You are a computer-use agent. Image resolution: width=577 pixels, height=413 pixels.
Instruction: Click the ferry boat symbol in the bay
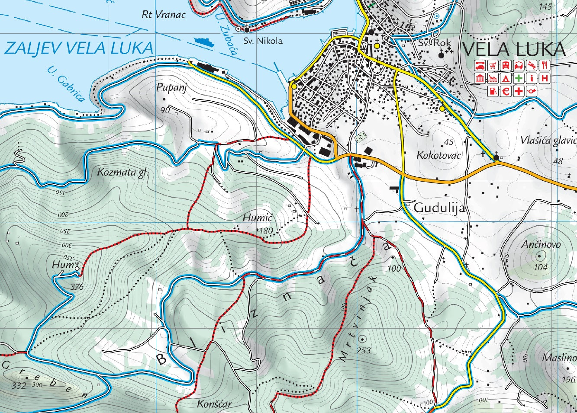pyautogui.click(x=204, y=42)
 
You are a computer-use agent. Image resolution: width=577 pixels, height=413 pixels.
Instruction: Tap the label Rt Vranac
pyautogui.click(x=163, y=15)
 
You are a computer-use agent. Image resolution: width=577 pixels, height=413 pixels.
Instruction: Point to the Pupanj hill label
pyautogui.click(x=172, y=88)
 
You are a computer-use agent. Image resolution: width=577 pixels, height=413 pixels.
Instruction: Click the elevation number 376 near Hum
pyautogui.click(x=76, y=286)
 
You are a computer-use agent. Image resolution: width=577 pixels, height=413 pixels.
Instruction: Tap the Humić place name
pyautogui.click(x=257, y=218)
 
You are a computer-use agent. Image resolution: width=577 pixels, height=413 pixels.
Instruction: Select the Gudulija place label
pyautogui.click(x=439, y=208)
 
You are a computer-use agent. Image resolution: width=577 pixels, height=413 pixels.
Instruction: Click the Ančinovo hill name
pyautogui.click(x=541, y=244)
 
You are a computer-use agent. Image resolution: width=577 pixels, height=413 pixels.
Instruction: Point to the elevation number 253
pyautogui.click(x=364, y=350)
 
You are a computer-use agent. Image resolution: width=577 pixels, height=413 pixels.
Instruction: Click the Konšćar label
pyautogui.click(x=214, y=404)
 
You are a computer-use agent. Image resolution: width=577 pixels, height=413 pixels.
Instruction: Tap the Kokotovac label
pyautogui.click(x=439, y=155)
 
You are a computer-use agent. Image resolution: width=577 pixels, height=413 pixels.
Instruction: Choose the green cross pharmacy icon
pyautogui.click(x=519, y=78)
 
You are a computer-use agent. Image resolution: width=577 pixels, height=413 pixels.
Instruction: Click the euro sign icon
pyautogui.click(x=506, y=91)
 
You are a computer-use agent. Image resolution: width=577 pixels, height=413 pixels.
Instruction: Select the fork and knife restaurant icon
pyautogui.click(x=545, y=65)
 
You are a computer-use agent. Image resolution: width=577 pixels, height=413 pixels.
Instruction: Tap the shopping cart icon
pyautogui.click(x=493, y=65)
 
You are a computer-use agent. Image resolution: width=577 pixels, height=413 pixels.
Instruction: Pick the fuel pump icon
pyautogui.click(x=493, y=91)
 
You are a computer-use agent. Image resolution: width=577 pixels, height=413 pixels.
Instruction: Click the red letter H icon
pyautogui.click(x=545, y=78)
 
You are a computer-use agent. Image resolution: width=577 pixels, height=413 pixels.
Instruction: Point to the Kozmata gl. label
pyautogui.click(x=122, y=173)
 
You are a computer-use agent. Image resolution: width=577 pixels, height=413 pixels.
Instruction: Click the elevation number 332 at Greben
pyautogui.click(x=19, y=385)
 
